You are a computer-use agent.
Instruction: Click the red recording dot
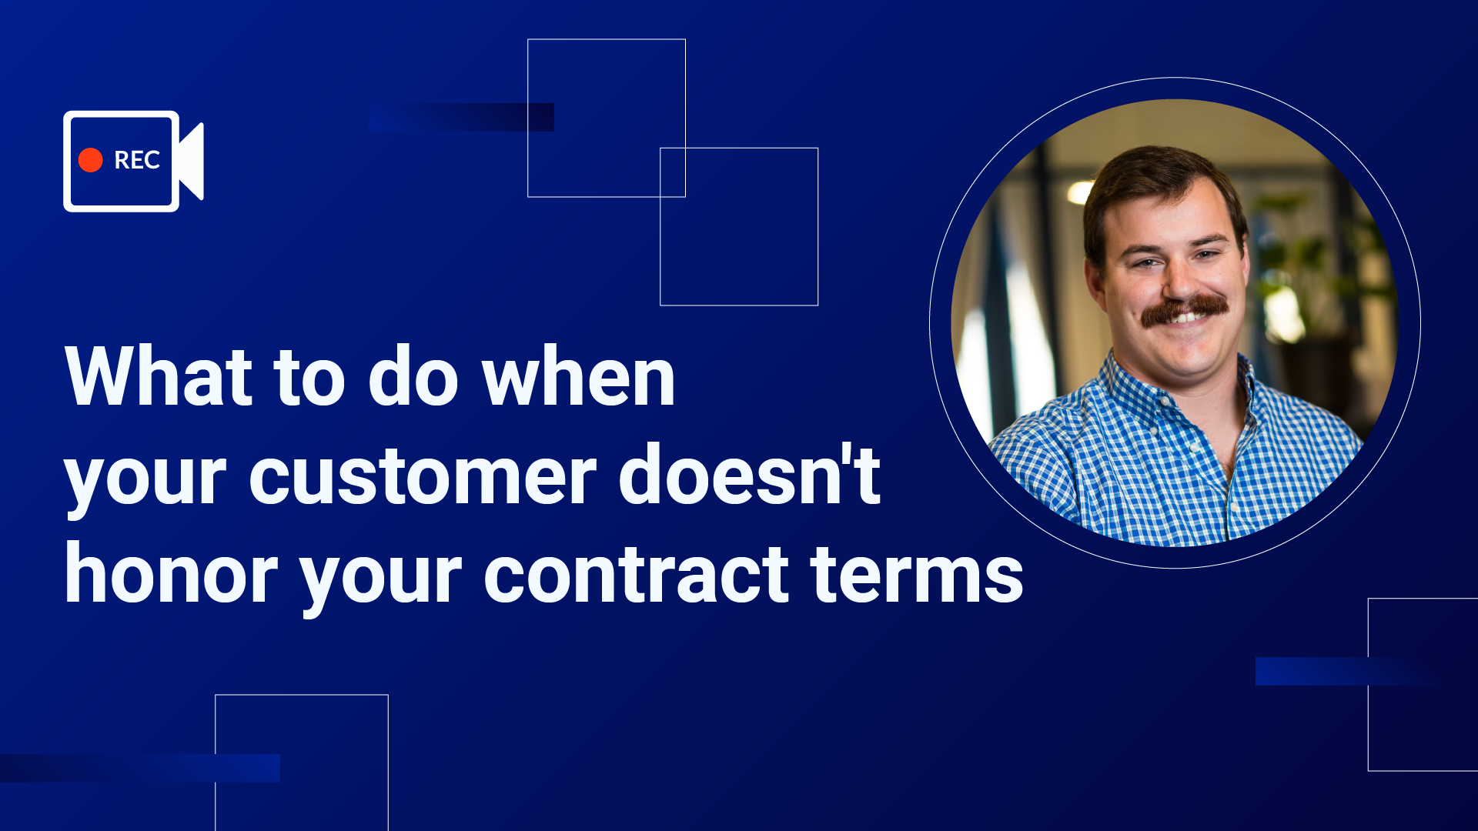(90, 160)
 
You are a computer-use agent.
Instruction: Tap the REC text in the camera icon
(137, 160)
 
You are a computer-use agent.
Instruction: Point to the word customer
(423, 476)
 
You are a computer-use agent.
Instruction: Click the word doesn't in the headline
(750, 474)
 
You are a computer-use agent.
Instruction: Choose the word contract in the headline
(636, 573)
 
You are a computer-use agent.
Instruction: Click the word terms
(917, 573)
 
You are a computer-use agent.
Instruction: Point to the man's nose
(1179, 281)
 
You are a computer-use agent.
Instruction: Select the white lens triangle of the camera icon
(192, 161)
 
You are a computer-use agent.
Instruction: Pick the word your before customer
(145, 482)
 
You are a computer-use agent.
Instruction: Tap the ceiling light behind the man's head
(1080, 191)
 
